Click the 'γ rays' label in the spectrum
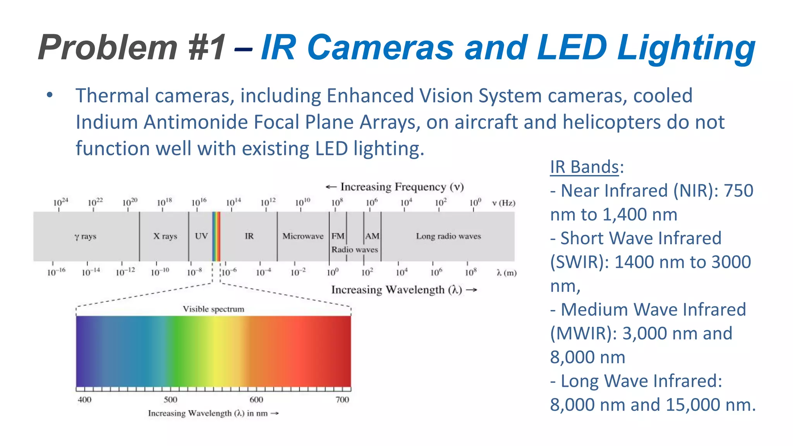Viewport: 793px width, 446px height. tap(85, 236)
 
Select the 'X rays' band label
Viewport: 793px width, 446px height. tap(165, 236)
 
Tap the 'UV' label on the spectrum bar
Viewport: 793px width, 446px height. tap(201, 236)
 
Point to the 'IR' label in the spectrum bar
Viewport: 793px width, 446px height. tap(249, 236)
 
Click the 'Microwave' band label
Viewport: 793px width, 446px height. tap(303, 236)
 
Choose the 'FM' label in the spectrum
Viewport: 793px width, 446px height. tap(338, 236)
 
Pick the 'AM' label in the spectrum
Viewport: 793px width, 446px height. tap(372, 236)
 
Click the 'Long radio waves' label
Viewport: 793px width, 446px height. tap(448, 236)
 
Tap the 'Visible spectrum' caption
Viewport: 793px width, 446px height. tap(213, 309)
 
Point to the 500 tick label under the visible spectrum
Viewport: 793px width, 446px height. tap(170, 400)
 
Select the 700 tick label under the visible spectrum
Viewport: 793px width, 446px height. tap(342, 400)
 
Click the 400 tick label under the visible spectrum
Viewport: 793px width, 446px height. tap(84, 400)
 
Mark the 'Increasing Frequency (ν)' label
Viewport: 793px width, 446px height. tap(395, 187)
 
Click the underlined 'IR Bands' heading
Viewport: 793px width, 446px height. tap(584, 167)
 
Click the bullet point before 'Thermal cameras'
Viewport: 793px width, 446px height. tap(49, 95)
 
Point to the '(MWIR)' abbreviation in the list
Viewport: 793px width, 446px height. tap(583, 334)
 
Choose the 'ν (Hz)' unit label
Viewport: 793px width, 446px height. tap(503, 203)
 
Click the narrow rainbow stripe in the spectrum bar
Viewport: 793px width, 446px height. tap(216, 236)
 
